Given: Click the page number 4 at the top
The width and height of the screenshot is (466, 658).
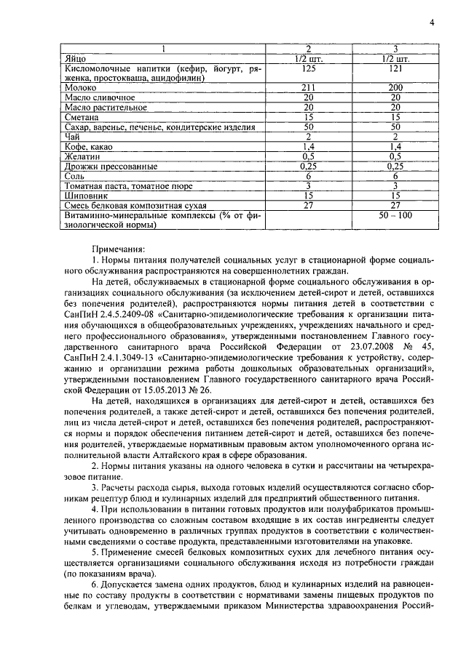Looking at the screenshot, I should pos(431,23).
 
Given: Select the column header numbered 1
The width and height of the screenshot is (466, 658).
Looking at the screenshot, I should pos(165,48).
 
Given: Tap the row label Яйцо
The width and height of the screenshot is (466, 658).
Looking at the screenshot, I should pos(75,57).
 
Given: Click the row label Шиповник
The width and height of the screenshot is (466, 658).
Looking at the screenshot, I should pos(85,195).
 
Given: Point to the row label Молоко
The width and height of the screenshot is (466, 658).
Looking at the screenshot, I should pos(81,87).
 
